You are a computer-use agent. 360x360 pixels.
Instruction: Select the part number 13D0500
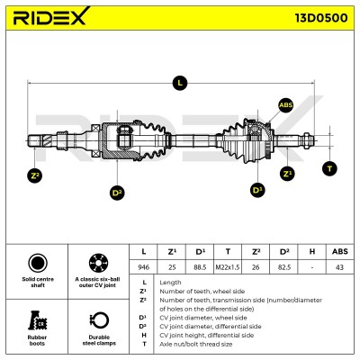321,18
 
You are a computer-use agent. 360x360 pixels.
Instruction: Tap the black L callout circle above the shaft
180,83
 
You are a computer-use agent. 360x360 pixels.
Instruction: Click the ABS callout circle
285,105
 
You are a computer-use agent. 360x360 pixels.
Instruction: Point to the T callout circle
329,168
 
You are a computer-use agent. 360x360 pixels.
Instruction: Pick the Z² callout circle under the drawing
34,175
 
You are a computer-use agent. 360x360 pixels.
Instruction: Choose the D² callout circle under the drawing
117,193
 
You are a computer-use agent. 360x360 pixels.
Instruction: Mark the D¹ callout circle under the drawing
257,190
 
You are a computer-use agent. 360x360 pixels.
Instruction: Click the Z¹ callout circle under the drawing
287,174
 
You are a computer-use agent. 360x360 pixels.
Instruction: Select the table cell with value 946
143,267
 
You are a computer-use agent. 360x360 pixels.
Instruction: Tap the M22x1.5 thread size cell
228,267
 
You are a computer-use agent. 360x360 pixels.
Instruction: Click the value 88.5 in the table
200,267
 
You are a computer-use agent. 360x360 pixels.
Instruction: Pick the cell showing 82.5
284,267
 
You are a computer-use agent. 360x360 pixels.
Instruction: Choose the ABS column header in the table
340,251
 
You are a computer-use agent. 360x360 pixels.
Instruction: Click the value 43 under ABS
340,267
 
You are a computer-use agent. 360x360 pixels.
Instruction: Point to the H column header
312,251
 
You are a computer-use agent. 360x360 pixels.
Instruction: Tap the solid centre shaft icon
38,263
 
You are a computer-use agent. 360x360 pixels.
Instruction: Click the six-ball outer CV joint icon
98,263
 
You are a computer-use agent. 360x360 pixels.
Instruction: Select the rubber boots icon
38,320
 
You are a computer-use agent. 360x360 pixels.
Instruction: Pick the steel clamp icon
99,320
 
